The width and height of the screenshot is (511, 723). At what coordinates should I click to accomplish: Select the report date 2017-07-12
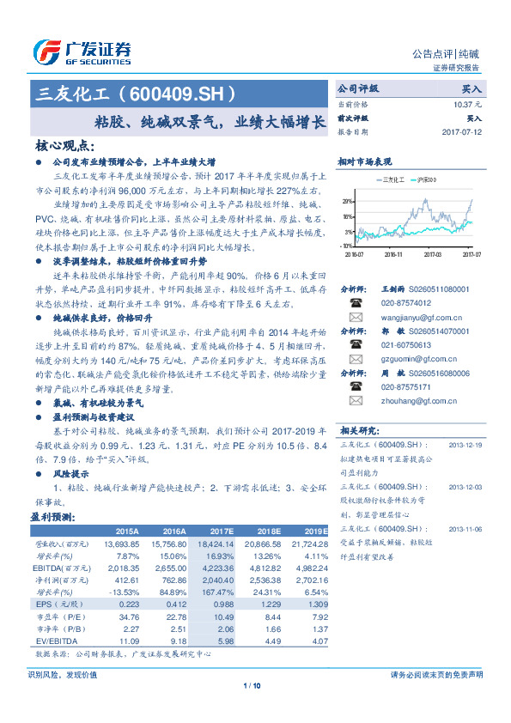[x=462, y=133]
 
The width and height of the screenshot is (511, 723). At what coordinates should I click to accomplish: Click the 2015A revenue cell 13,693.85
[x=121, y=544]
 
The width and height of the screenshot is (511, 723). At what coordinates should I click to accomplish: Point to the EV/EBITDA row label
[x=57, y=641]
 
